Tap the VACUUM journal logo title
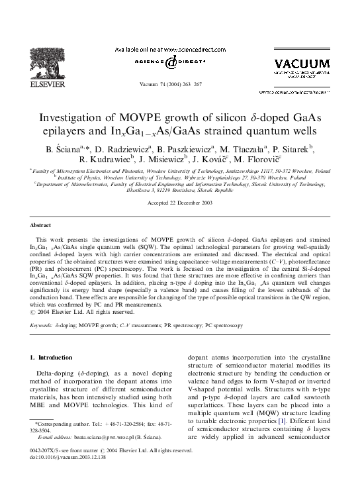coord(301,64)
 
